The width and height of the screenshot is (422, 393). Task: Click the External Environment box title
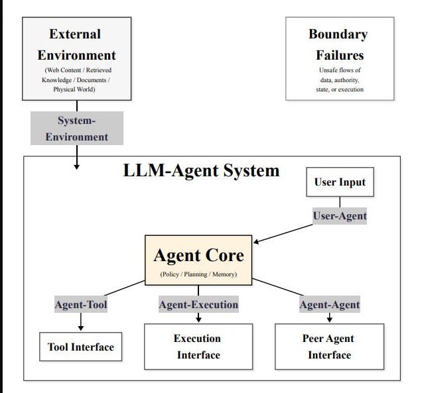pos(76,44)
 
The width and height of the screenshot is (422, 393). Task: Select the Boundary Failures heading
pos(339,44)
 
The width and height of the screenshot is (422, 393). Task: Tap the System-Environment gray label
pos(77,129)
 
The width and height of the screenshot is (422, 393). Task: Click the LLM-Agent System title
pos(201,170)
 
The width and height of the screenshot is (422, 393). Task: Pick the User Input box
pos(340,182)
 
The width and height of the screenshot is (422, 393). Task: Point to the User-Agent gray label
pos(340,216)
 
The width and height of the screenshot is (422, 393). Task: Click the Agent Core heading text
pos(199,255)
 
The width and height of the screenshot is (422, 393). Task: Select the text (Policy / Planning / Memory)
pos(198,274)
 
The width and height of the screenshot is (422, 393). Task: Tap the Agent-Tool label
pos(81,304)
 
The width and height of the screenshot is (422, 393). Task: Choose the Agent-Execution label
pos(198,304)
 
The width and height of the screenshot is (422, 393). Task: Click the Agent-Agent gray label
pos(330,304)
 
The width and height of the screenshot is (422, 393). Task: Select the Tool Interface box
pos(81,347)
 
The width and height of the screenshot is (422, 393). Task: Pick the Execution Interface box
pos(198,347)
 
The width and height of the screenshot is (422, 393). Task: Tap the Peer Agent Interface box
pos(329,347)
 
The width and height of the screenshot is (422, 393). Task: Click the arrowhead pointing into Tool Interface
pos(81,328)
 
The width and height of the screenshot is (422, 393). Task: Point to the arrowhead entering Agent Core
pos(256,242)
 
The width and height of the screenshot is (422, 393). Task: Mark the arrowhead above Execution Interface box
pos(198,319)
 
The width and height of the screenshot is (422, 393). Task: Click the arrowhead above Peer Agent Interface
pos(329,319)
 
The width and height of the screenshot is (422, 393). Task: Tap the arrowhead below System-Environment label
pos(77,167)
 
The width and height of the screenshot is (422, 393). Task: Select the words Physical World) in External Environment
pos(74,89)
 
